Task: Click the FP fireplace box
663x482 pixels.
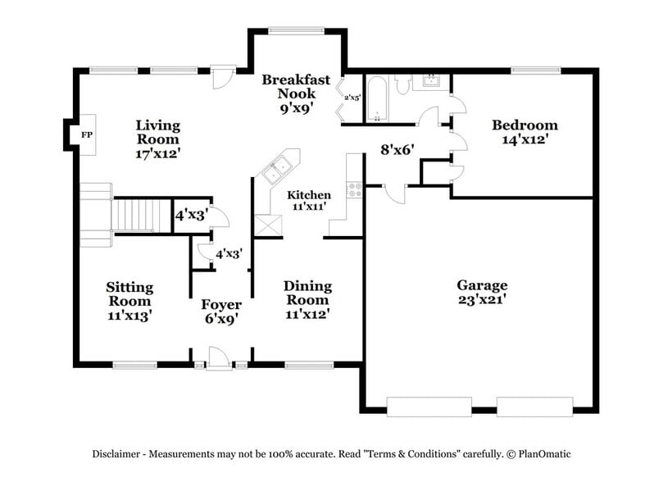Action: [x=86, y=134]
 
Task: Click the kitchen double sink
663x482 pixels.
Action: [x=275, y=170]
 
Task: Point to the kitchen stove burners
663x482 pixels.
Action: [x=356, y=190]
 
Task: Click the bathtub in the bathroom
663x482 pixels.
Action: [x=378, y=99]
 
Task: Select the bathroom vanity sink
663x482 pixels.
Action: [x=430, y=81]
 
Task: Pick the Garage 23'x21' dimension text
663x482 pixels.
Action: [x=482, y=300]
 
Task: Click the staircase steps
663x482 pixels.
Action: [x=131, y=215]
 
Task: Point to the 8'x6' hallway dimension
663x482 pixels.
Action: [x=397, y=150]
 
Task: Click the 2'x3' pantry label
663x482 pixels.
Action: [x=352, y=98]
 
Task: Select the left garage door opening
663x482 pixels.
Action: [x=429, y=406]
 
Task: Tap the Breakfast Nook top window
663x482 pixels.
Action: [x=297, y=31]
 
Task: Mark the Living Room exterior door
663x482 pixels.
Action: [x=220, y=77]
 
